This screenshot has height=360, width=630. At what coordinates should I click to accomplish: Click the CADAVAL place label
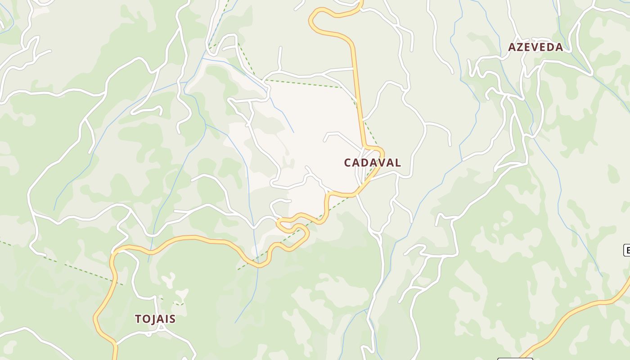372,162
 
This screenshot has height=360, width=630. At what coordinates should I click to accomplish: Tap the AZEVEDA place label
535,47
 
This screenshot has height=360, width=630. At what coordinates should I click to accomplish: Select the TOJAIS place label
155,319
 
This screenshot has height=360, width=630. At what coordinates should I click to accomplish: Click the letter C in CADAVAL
348,162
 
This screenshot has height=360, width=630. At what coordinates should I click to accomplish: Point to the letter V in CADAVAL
380,162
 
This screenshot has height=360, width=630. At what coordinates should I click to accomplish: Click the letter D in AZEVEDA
550,47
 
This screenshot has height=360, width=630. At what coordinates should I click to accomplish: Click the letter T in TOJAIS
139,319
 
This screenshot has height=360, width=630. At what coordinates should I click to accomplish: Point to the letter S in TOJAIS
172,319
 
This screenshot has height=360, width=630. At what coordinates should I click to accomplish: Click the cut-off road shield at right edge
626,250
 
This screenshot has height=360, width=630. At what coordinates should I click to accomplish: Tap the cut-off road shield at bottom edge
515,359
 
